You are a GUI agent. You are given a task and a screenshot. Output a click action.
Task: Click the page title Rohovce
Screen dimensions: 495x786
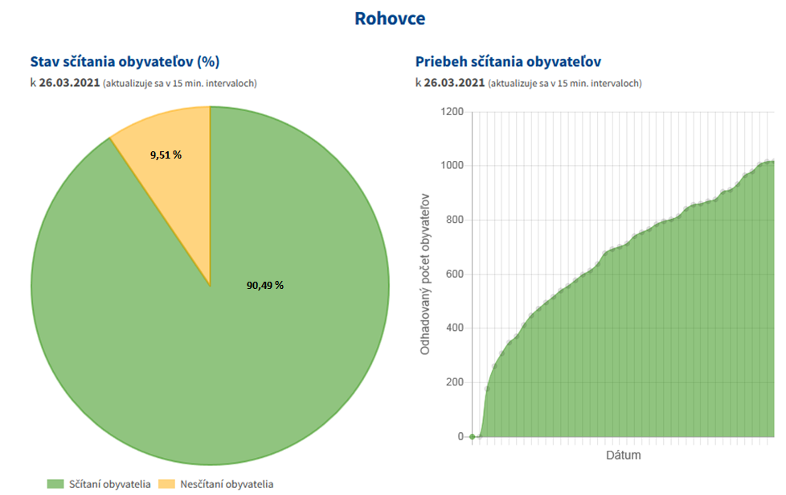tap(390, 18)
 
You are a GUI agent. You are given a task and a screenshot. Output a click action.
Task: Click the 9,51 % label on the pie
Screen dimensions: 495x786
tap(166, 155)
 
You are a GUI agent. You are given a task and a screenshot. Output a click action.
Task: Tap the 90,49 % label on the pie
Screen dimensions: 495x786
tap(264, 285)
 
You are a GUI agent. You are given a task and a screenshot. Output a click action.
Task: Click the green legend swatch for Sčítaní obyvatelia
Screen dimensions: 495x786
tap(55, 484)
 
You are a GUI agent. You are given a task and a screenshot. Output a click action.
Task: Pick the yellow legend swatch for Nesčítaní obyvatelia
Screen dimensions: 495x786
tap(166, 484)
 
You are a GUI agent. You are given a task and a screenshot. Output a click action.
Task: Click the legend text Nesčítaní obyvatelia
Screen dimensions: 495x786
tap(226, 484)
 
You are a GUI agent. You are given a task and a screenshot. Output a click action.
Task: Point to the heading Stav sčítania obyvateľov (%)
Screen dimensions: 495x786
tap(125, 61)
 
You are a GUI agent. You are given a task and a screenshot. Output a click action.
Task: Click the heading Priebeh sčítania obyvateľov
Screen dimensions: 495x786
tap(509, 61)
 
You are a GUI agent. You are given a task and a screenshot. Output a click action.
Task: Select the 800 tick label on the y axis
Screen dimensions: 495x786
tap(455, 220)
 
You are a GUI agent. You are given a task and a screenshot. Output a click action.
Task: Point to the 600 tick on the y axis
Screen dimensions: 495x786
tap(455, 274)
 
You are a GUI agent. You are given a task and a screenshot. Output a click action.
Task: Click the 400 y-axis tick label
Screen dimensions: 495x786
tap(455, 328)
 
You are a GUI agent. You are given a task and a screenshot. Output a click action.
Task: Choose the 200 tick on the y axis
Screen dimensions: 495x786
tap(455, 382)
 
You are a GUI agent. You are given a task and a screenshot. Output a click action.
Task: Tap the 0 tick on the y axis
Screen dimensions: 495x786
tap(461, 437)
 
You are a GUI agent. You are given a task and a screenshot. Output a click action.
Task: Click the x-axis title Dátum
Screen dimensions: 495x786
tap(623, 456)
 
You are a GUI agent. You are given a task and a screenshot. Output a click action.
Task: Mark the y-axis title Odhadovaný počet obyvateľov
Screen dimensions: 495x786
tap(425, 274)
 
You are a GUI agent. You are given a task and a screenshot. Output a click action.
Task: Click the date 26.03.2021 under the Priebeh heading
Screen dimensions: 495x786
tap(454, 83)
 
